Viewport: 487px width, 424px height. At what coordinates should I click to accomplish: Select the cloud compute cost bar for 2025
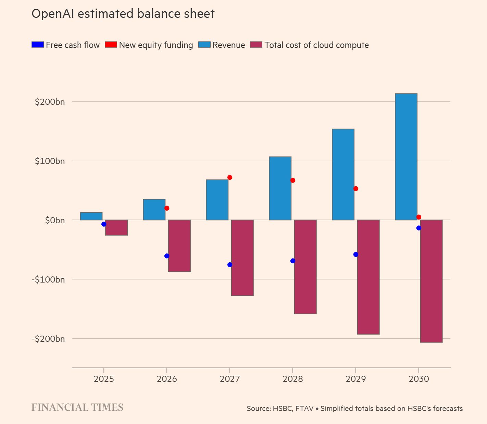tap(116, 227)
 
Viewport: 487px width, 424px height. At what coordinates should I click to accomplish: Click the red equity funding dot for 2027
tap(230, 177)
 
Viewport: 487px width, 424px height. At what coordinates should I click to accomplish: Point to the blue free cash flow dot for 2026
tap(167, 256)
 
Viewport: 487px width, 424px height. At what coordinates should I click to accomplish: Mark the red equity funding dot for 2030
tap(419, 217)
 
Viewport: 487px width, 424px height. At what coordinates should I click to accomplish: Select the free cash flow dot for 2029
tap(355, 254)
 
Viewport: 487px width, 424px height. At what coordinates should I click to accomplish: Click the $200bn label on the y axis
tap(50, 102)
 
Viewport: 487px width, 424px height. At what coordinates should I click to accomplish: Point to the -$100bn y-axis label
tap(48, 279)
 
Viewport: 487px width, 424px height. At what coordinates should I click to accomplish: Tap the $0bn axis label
tap(55, 220)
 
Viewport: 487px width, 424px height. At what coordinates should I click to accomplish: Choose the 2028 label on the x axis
tap(293, 379)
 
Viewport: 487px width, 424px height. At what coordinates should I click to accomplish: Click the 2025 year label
tap(104, 379)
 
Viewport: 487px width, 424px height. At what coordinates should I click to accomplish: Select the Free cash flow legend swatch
tap(37, 45)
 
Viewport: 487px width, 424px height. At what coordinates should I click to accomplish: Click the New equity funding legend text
tap(156, 45)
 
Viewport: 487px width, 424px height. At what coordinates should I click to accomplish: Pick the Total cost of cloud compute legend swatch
tap(256, 45)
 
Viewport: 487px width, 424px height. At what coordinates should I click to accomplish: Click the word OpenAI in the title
tap(53, 14)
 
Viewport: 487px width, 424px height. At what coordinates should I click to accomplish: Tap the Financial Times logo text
tap(77, 408)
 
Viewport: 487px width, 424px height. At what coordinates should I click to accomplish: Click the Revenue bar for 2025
tap(91, 216)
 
